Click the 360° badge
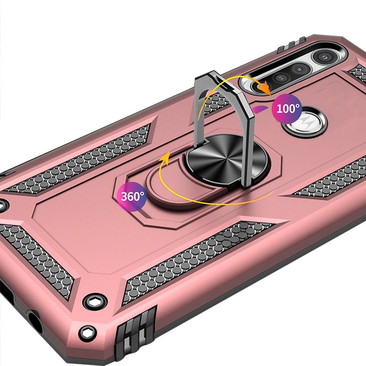coord(132,197)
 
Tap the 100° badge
coord(287,109)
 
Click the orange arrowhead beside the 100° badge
coord(266,88)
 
